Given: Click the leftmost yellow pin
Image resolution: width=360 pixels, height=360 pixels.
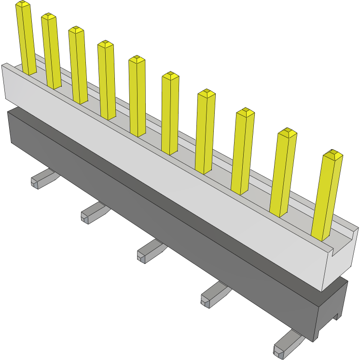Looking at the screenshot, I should (x=27, y=39).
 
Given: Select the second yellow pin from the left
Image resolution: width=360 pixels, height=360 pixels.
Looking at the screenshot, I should (x=51, y=51).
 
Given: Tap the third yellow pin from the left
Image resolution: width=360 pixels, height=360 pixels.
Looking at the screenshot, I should (x=78, y=65).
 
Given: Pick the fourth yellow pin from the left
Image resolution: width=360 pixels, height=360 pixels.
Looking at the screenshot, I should (x=107, y=80).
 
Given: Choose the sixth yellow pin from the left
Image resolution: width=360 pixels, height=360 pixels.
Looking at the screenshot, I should (x=170, y=113).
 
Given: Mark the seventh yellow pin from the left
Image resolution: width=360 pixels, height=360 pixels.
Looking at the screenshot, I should (x=206, y=131).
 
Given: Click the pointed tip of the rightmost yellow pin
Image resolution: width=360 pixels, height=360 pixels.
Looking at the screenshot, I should (x=332, y=154).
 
